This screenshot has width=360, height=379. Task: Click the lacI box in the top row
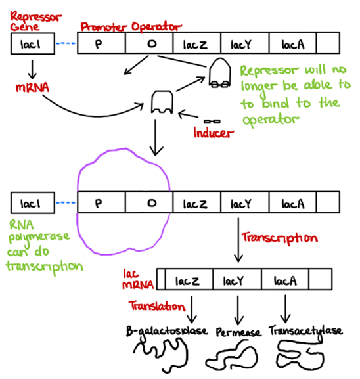click(33, 43)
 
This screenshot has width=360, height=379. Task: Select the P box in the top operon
click(101, 43)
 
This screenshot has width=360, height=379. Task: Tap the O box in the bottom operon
click(149, 202)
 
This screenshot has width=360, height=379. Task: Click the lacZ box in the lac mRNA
click(189, 279)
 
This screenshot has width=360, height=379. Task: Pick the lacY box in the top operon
click(244, 43)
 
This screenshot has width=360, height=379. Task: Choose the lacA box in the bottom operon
click(292, 202)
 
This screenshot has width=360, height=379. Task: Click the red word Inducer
click(214, 133)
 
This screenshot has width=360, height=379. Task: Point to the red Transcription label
click(280, 238)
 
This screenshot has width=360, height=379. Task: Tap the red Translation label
click(157, 306)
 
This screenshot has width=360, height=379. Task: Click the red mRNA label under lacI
click(32, 87)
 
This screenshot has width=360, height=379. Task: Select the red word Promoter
click(104, 26)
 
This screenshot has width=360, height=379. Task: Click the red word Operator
click(156, 26)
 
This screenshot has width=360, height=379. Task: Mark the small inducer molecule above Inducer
click(212, 122)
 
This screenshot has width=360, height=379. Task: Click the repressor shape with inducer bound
click(220, 72)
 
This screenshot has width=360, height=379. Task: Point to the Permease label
click(238, 332)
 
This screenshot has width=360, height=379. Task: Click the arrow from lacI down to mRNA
click(32, 70)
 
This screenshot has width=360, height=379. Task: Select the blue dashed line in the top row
click(66, 43)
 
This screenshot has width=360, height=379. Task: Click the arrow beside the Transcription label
click(238, 240)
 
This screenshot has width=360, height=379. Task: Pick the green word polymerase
click(39, 237)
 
